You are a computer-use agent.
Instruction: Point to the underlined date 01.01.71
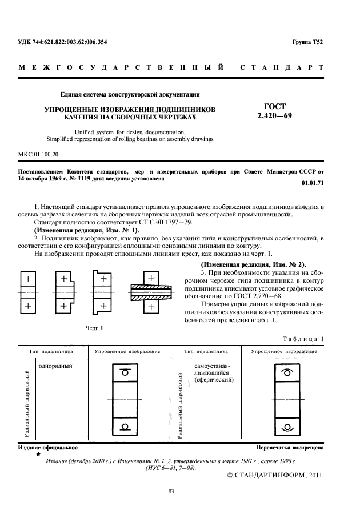[312, 183]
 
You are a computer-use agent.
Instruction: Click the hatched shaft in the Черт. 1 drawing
[150, 291]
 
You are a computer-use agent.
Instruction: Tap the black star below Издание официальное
[38, 455]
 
